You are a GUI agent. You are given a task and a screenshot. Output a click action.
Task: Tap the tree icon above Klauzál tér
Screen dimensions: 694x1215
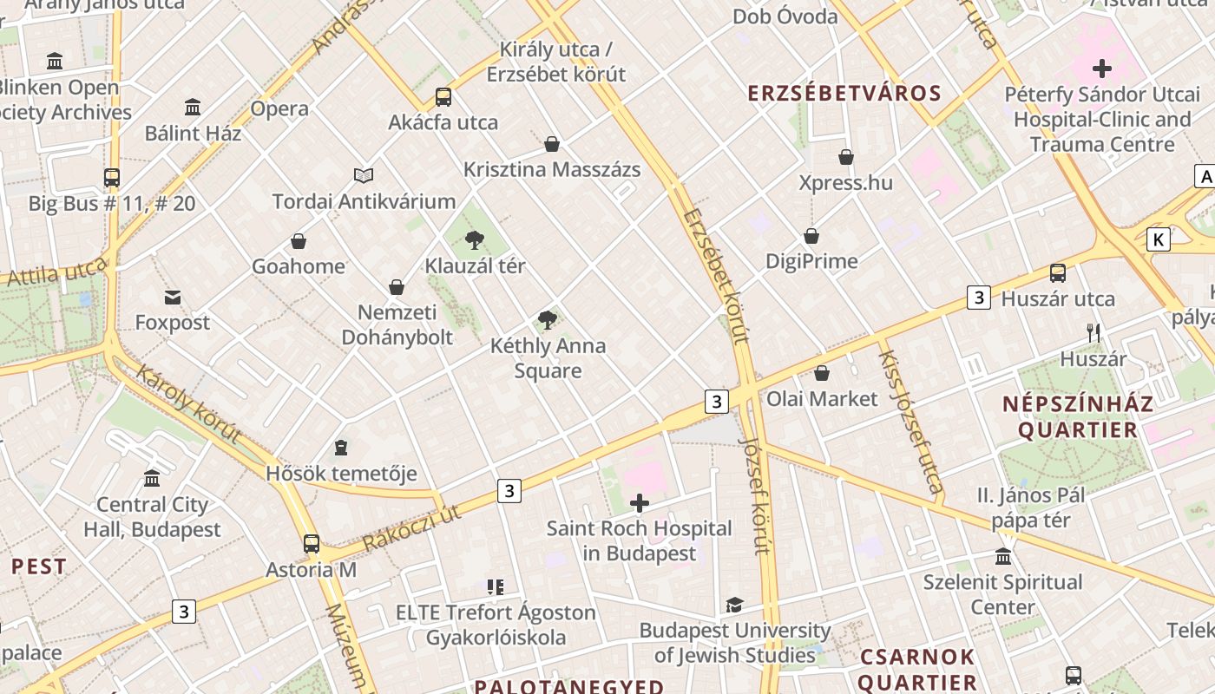[x=475, y=240]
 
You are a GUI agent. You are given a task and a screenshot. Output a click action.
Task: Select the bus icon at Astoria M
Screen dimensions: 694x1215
[x=312, y=544]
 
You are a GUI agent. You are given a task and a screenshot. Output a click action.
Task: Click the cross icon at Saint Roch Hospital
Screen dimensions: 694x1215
[x=640, y=503]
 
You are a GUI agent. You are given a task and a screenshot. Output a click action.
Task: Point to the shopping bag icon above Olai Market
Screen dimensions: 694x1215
[x=822, y=373]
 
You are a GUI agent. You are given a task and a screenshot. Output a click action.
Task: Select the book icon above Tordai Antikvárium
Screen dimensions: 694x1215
[x=364, y=176]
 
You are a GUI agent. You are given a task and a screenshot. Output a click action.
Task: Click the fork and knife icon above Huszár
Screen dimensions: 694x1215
[x=1093, y=332]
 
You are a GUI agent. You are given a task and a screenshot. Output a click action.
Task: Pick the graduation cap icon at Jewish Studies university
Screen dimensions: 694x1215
[x=734, y=605]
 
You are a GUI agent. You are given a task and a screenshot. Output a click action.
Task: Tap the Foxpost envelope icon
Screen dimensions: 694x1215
[x=173, y=298]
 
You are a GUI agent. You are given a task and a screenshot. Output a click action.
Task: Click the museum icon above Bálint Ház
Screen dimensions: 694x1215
[x=193, y=108]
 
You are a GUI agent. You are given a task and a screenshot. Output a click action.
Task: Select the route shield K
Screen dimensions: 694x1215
[x=1158, y=239]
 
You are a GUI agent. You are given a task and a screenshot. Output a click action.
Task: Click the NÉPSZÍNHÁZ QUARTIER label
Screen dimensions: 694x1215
[x=1078, y=416]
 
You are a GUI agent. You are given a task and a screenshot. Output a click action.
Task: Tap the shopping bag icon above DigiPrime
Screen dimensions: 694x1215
[x=811, y=236]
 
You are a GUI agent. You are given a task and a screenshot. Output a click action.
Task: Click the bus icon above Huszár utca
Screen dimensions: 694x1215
[x=1058, y=273]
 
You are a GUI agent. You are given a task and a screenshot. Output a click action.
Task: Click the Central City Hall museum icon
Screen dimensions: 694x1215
[x=153, y=479]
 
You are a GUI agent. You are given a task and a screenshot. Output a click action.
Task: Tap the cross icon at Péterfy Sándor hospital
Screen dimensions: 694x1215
[x=1102, y=69]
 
